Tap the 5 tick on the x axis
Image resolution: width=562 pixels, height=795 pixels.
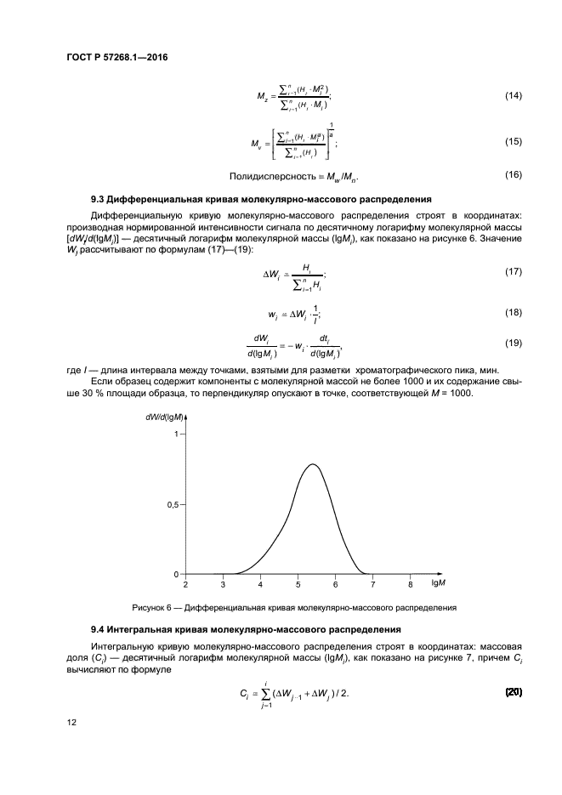298,584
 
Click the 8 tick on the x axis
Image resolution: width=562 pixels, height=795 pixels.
410,584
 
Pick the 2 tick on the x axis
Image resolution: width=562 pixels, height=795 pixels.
185,584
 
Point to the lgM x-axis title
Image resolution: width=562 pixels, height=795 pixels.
439,584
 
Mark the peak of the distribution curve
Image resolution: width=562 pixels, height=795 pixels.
314,464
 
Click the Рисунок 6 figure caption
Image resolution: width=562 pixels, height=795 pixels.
294,607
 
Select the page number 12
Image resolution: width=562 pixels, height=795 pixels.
72,723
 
